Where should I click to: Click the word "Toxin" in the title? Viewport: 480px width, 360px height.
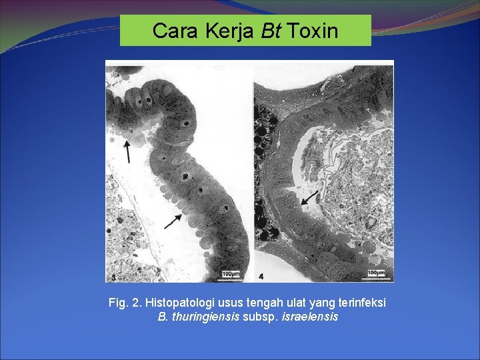point(313,31)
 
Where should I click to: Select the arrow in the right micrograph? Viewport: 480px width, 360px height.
point(309,196)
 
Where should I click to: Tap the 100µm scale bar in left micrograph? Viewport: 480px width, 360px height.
point(231,274)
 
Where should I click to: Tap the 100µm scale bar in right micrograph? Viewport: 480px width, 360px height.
point(375,273)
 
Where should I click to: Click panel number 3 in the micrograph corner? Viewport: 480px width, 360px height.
point(114,276)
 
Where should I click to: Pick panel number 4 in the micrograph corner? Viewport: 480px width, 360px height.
point(261,275)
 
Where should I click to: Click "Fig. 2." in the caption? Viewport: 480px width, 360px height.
point(125,303)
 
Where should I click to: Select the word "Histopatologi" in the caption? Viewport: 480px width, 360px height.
point(177,303)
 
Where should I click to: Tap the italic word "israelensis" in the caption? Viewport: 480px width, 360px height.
point(311,317)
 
